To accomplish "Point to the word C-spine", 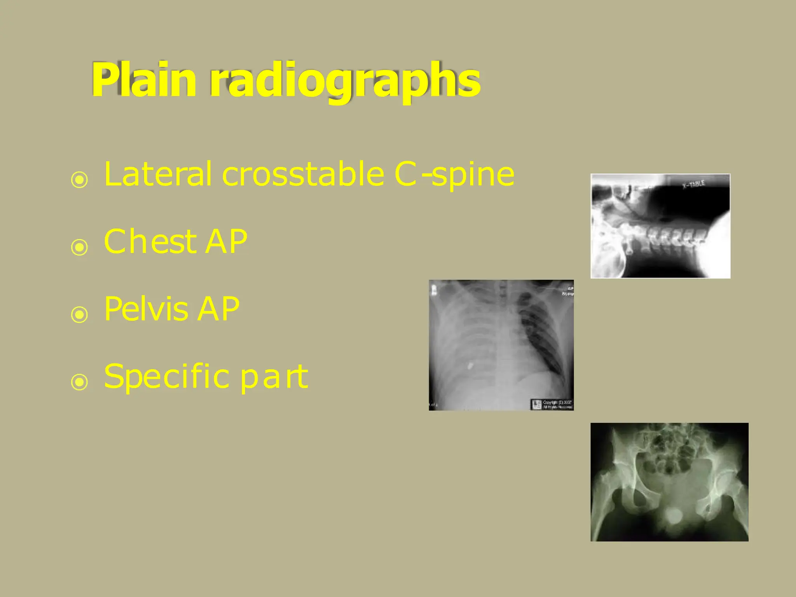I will pyautogui.click(x=454, y=175).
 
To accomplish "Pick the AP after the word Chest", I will pyautogui.click(x=226, y=241).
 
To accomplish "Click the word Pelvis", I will pyautogui.click(x=146, y=309).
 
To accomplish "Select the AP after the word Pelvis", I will pyautogui.click(x=218, y=309).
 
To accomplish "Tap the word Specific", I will pyautogui.click(x=166, y=377).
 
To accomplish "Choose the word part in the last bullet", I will pyautogui.click(x=274, y=377).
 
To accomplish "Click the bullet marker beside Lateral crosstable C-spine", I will pyautogui.click(x=80, y=180).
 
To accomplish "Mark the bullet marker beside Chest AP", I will pyautogui.click(x=80, y=247).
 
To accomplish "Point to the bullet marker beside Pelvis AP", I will pyautogui.click(x=80, y=314).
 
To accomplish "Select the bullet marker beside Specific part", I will pyautogui.click(x=80, y=382).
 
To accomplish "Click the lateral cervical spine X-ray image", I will pyautogui.click(x=660, y=226).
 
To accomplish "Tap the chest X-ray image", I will pyautogui.click(x=501, y=345).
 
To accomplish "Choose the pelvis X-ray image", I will pyautogui.click(x=669, y=482).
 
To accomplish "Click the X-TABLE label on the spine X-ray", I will pyautogui.click(x=694, y=184).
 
